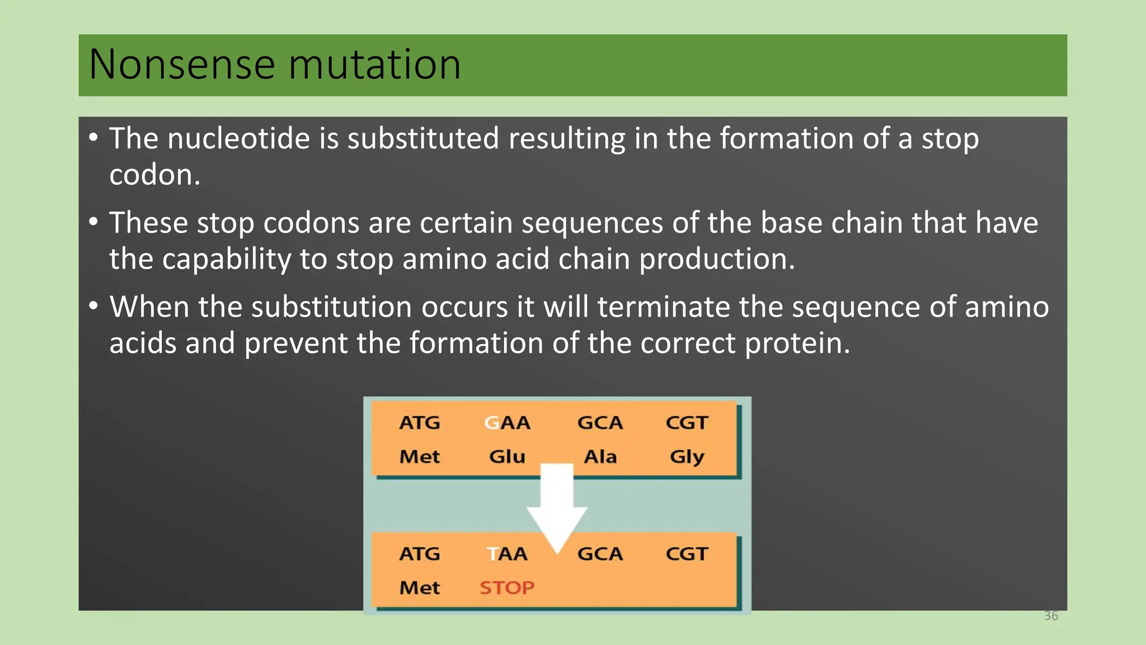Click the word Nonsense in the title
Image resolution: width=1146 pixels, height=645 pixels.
(x=182, y=65)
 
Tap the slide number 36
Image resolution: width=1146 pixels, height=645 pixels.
(x=1051, y=616)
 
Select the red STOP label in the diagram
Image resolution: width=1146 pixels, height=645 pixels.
(x=507, y=587)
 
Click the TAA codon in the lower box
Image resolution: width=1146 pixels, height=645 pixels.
(x=507, y=554)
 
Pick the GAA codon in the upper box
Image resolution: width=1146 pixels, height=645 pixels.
(x=507, y=423)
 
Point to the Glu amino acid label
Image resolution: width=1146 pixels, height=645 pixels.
(x=507, y=456)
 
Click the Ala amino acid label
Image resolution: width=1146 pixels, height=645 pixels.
(x=600, y=456)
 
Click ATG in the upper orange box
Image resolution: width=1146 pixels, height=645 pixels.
(x=420, y=423)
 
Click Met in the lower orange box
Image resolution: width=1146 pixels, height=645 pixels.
(x=420, y=587)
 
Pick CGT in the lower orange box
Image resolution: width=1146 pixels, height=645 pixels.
(x=687, y=554)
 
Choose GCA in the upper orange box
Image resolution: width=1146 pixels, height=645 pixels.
(x=600, y=423)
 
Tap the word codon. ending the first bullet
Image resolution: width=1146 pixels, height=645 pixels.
(x=154, y=175)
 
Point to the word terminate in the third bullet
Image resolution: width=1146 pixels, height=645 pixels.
(x=663, y=307)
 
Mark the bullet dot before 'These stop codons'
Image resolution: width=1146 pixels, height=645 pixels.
(x=93, y=222)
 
